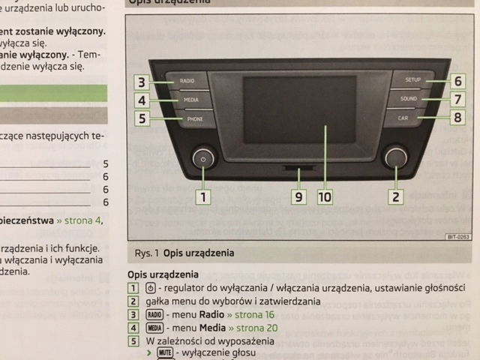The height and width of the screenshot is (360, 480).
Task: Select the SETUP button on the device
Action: coord(413,79)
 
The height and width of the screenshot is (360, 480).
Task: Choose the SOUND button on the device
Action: coord(409,98)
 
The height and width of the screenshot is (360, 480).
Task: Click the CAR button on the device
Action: coord(403,118)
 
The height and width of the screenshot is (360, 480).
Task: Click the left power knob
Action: coord(203,159)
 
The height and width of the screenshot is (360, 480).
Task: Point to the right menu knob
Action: coord(394,157)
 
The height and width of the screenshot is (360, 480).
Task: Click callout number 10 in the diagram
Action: coord(323,197)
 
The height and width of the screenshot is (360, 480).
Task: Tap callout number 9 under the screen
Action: coord(298,197)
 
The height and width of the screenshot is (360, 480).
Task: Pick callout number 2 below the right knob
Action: coord(394,198)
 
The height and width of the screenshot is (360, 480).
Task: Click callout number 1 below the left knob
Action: coord(202,198)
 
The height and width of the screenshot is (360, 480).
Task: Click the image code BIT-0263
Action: coord(457,237)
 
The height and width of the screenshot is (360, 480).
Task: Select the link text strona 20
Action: coord(253,328)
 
